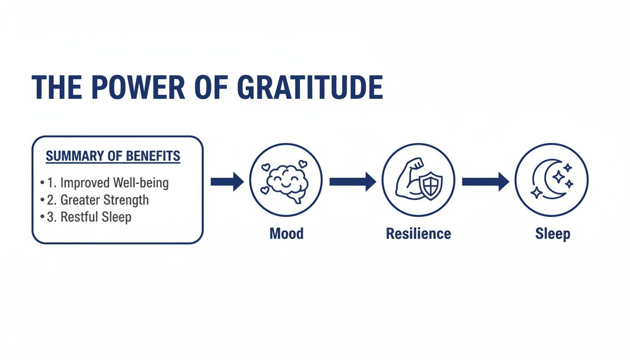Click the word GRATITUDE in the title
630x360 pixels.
pyautogui.click(x=310, y=88)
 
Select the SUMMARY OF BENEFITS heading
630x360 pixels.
pyautogui.click(x=113, y=156)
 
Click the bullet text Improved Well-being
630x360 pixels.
pyautogui.click(x=114, y=182)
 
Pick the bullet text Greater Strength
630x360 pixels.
pyautogui.click(x=105, y=200)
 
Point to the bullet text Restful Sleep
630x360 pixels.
pyautogui.click(x=96, y=217)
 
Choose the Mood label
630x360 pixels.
pyautogui.click(x=286, y=233)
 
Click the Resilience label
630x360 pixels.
pyautogui.click(x=418, y=233)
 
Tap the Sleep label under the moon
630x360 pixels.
pyautogui.click(x=553, y=233)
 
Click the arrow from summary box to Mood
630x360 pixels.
pyautogui.click(x=227, y=182)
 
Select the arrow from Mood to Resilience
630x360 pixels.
pyautogui.click(x=352, y=182)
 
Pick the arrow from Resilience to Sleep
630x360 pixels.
pyautogui.click(x=485, y=182)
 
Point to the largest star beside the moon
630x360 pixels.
pyautogui.click(x=558, y=177)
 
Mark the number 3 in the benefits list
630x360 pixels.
pyautogui.click(x=50, y=217)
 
